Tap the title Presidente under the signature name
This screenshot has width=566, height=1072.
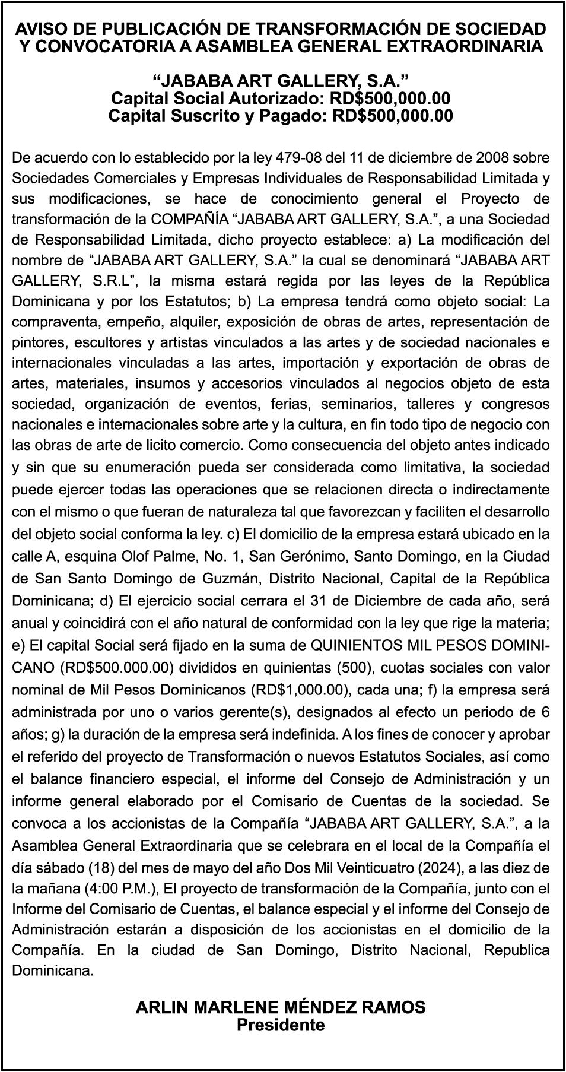(x=281, y=1025)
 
